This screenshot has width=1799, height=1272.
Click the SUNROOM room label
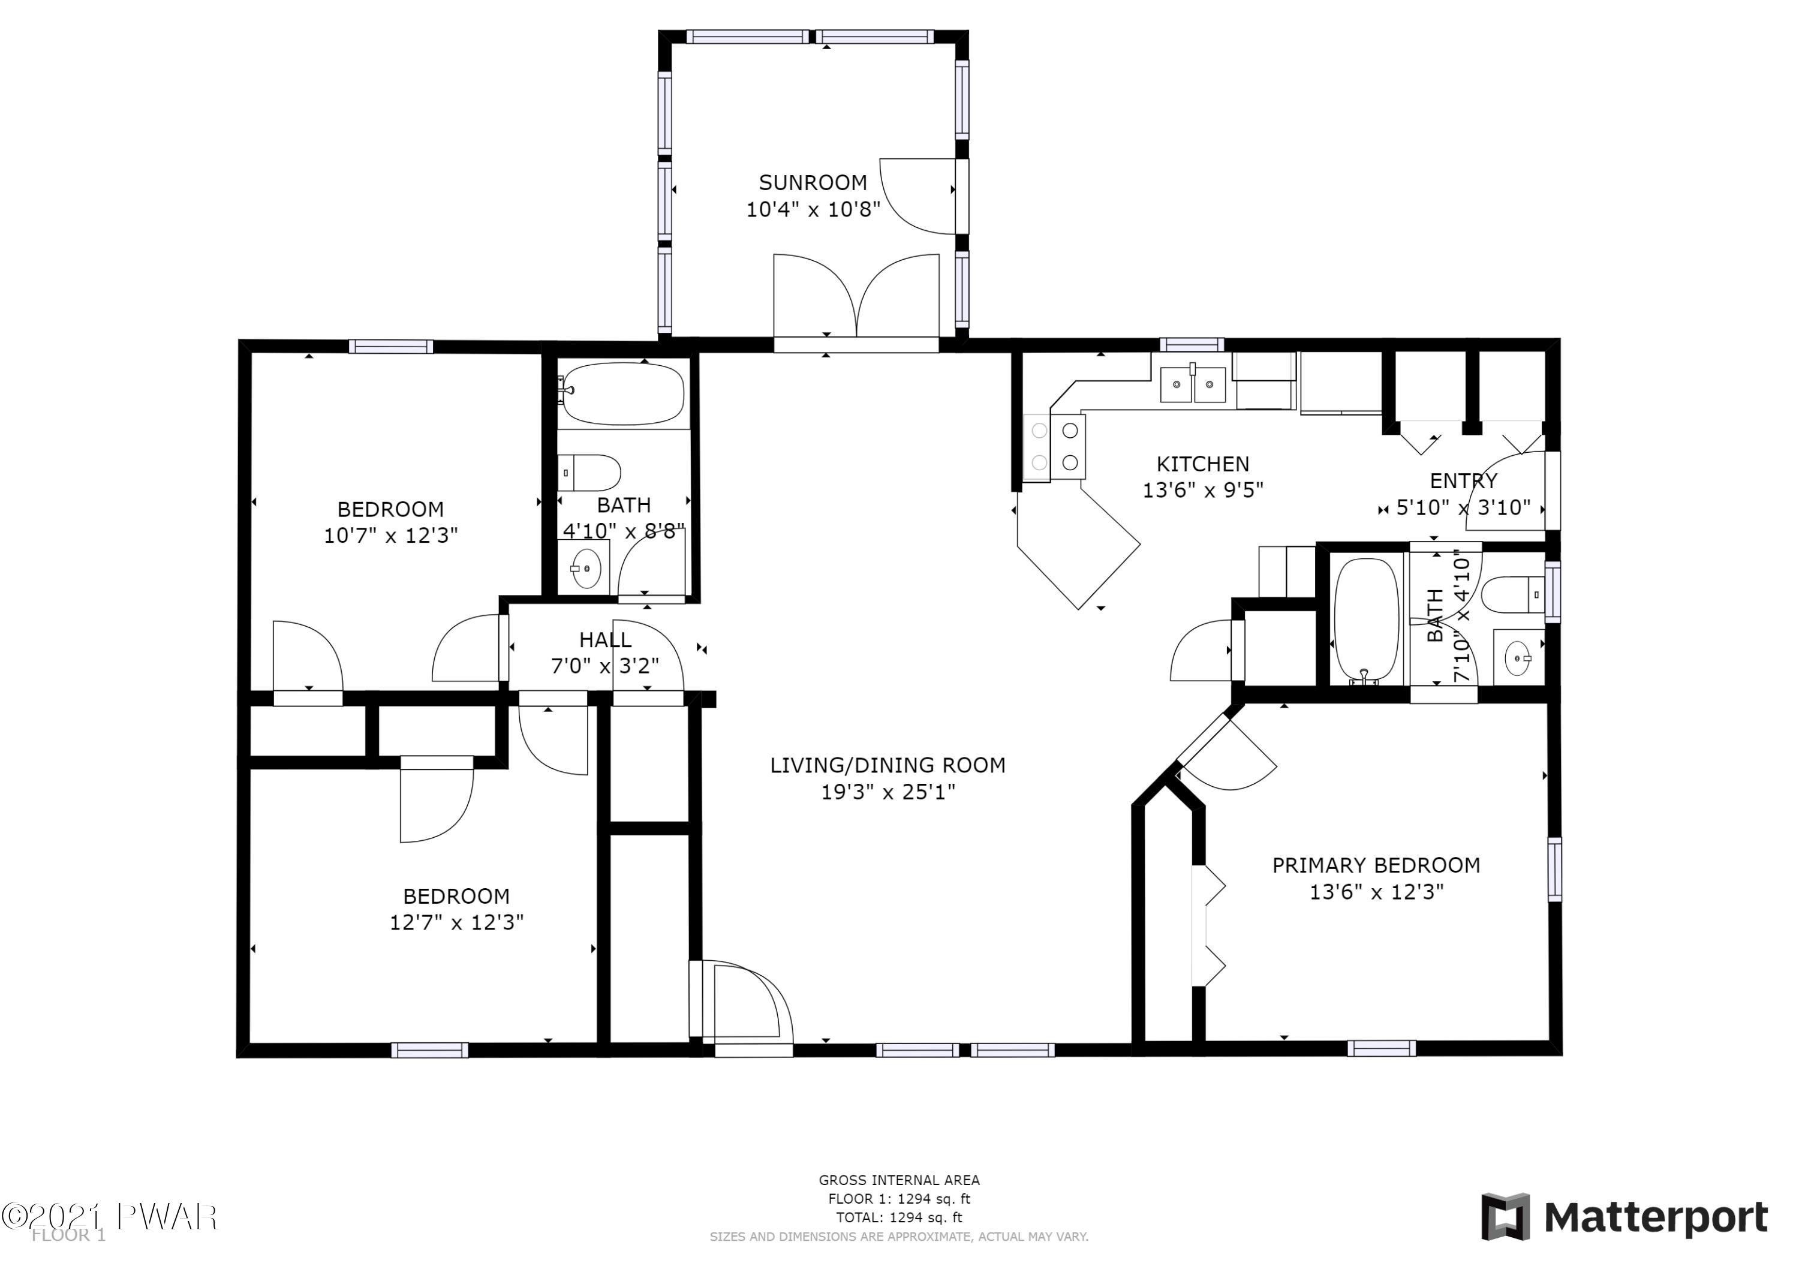tap(813, 182)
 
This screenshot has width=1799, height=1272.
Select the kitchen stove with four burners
tap(1055, 447)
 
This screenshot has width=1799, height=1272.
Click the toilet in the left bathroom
tap(589, 473)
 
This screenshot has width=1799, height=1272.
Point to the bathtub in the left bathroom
tap(623, 394)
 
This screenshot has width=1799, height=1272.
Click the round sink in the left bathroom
tap(585, 568)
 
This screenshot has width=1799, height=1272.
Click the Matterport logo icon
tap(1505, 1217)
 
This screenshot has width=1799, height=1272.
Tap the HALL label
tap(605, 640)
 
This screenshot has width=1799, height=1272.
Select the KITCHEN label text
tap(1203, 464)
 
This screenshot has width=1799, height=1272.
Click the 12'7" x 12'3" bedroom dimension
tap(457, 922)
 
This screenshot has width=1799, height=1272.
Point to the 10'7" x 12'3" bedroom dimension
tap(391, 536)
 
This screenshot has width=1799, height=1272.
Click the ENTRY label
tap(1463, 480)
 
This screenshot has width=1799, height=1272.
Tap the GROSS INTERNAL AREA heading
tap(899, 1180)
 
